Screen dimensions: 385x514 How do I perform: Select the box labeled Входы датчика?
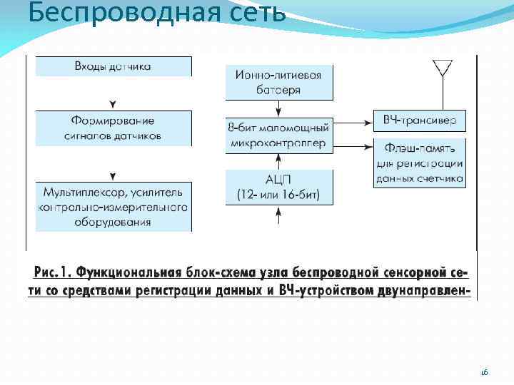pyautogui.click(x=113, y=66)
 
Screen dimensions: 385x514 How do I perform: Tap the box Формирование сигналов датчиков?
pyautogui.click(x=113, y=128)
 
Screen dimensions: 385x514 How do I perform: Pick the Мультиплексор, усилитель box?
pyautogui.click(x=113, y=207)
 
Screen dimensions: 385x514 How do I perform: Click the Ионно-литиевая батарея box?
pyautogui.click(x=279, y=82)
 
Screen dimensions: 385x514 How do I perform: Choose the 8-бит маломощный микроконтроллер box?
pyautogui.click(x=279, y=135)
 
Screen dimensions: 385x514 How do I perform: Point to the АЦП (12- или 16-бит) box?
pyautogui.click(x=279, y=186)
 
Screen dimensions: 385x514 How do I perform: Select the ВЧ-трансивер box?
pyautogui.click(x=420, y=120)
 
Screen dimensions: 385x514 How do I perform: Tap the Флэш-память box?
pyautogui.click(x=420, y=163)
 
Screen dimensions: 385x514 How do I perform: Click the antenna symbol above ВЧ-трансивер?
pyautogui.click(x=442, y=68)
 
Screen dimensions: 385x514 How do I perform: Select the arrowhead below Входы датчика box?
pyautogui.click(x=113, y=104)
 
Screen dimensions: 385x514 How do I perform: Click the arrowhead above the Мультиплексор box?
pyautogui.click(x=113, y=176)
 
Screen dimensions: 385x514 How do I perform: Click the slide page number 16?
pyautogui.click(x=483, y=372)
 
